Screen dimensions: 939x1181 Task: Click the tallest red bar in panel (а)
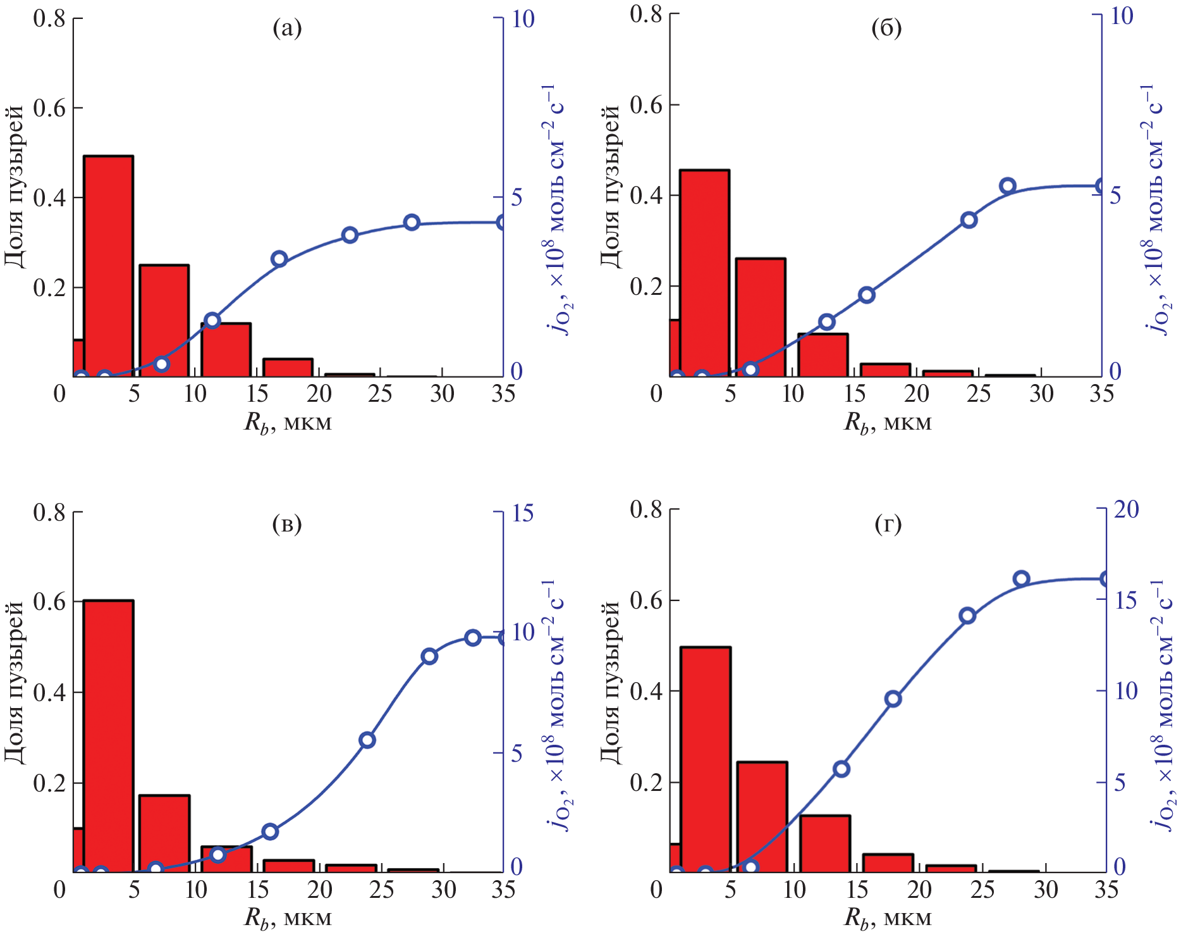tap(108, 266)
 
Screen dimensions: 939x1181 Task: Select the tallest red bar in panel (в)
tap(108, 736)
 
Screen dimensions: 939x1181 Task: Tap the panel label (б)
tap(886, 28)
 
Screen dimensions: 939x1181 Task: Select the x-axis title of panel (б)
tap(888, 422)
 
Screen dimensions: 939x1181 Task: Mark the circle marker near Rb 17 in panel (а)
tap(279, 259)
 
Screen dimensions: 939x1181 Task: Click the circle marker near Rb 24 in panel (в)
tap(367, 740)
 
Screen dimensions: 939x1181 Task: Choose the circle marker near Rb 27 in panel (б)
tap(1008, 185)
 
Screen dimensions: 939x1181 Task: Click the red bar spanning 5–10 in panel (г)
tap(762, 817)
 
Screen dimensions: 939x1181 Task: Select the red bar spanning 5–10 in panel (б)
tap(761, 317)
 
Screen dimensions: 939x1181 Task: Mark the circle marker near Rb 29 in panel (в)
tap(429, 656)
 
